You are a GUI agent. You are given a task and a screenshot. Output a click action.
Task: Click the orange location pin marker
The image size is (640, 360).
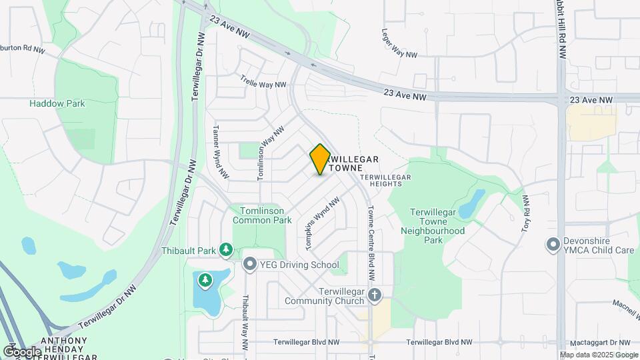tap(320, 159)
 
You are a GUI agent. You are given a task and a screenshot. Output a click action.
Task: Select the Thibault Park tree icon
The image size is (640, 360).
tap(226, 250)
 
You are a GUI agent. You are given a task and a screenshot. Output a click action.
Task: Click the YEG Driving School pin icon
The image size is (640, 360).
tap(250, 265)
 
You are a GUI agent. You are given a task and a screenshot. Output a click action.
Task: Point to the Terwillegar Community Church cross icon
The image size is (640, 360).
tap(375, 294)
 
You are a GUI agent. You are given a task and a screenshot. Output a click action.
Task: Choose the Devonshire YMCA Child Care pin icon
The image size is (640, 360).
tap(552, 245)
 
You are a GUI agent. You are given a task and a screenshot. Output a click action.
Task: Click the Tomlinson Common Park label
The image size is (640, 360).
tap(262, 215)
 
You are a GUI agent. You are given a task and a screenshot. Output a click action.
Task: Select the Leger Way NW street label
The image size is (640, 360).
tap(399, 43)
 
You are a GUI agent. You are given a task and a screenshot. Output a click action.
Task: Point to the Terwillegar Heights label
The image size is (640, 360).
tap(386, 177)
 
